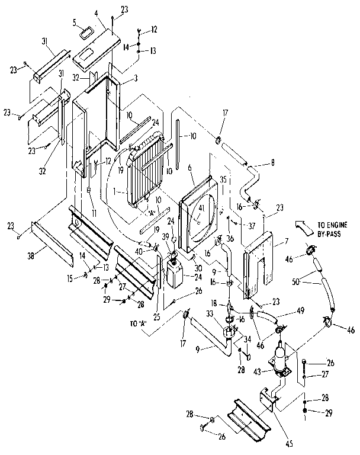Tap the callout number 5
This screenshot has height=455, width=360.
(75, 23)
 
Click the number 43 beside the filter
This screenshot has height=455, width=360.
(257, 371)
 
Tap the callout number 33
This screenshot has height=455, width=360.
(226, 313)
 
